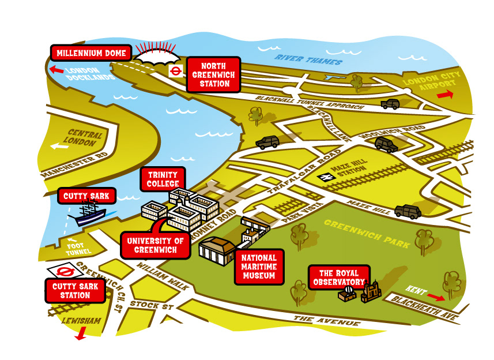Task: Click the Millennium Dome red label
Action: pos(91,53)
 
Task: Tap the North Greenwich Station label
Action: pos(213,74)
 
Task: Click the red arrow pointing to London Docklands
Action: pos(56,70)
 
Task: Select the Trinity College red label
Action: pos(163,179)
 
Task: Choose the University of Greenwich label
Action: pos(155,245)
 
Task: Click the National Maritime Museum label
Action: pos(259,267)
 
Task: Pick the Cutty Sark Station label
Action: pos(76,291)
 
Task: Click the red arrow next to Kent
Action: pos(436,297)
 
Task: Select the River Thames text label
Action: pos(308,59)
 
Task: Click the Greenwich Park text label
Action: pos(367,233)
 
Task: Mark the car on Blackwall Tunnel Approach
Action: pos(390,104)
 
